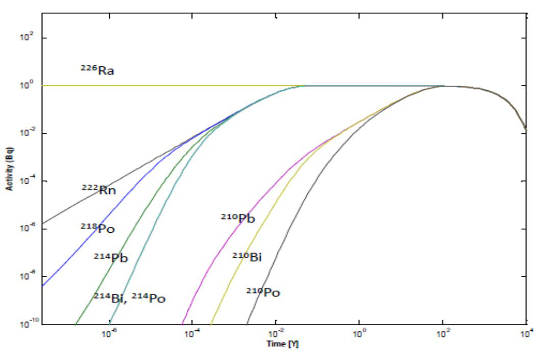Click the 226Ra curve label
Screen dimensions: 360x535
(97, 69)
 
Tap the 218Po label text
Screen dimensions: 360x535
(97, 227)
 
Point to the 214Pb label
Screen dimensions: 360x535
(110, 257)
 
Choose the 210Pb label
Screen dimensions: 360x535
(237, 218)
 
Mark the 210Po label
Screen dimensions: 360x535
(263, 292)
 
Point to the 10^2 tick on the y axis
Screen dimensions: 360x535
(29, 38)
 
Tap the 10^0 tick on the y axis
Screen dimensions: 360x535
(29, 86)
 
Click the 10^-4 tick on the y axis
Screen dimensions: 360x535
(28, 181)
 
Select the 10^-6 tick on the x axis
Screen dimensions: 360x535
(109, 334)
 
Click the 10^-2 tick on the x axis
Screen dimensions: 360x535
(276, 334)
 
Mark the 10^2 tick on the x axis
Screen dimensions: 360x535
(443, 334)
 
